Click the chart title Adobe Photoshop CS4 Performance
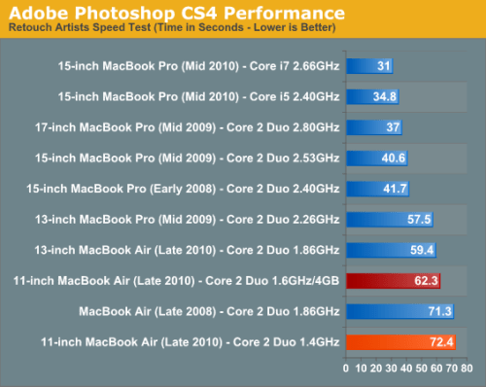point(174,13)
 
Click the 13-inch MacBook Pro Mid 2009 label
point(184,219)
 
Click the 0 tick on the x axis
point(347,370)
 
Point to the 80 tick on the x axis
point(468,370)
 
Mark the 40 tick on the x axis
point(406,370)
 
